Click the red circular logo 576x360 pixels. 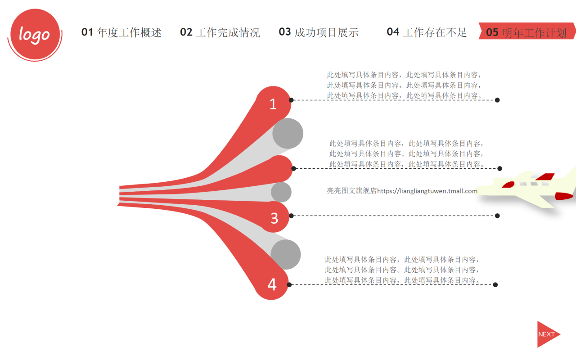pos(35,34)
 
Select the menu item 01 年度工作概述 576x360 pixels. pos(121,32)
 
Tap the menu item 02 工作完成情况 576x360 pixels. pos(220,32)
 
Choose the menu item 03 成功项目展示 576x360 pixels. pos(319,32)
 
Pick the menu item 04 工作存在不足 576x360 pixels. pos(427,32)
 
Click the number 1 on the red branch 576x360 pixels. pos(273,104)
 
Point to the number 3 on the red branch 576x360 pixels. pos(274,219)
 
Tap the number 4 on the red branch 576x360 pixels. pos(272,285)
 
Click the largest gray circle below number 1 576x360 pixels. pos(288,134)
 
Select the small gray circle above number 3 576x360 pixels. pos(281,192)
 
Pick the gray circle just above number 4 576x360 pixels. pos(285,254)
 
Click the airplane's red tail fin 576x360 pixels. pos(545,177)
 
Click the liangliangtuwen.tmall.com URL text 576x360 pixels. pos(427,191)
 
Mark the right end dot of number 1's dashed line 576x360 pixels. pos(497,100)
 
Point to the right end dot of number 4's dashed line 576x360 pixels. pos(495,285)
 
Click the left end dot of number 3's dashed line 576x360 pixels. pos(291,216)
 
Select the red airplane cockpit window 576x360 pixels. pos(508,184)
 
